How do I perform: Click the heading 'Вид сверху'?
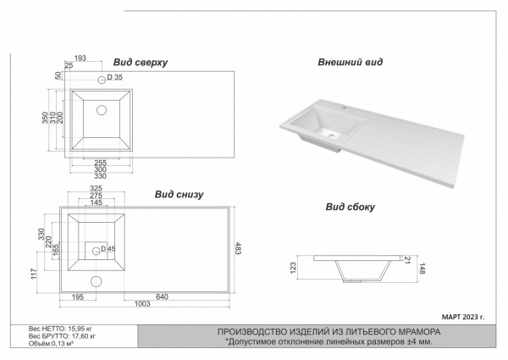[141, 63]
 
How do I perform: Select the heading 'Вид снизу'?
[179, 194]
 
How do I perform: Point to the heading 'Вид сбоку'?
[350, 206]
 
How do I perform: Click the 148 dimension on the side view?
[421, 270]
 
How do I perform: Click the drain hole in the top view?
[102, 109]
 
